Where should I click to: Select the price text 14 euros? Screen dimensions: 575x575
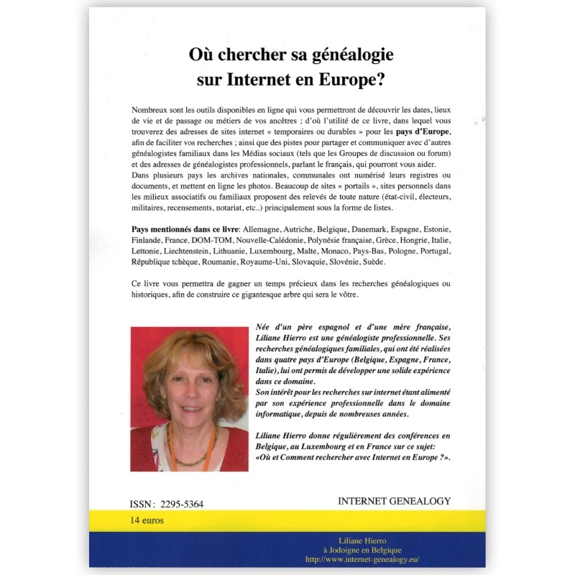pyautogui.click(x=147, y=520)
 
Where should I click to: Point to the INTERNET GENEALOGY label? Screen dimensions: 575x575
pyautogui.click(x=394, y=501)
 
